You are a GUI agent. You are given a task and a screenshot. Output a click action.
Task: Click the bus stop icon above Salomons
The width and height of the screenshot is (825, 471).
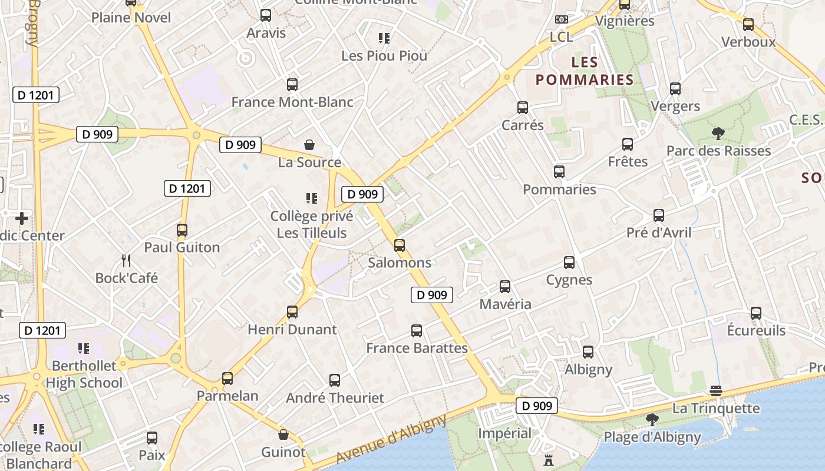point(400,246)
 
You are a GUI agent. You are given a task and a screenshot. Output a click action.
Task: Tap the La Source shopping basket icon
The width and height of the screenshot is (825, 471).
point(309,145)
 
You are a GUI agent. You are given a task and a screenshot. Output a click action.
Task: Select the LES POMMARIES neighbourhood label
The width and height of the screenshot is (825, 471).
point(584,71)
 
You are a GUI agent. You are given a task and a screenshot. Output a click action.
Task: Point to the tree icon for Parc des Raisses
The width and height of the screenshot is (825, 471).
point(718,134)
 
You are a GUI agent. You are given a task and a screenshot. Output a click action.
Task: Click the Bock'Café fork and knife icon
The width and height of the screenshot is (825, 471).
point(126,260)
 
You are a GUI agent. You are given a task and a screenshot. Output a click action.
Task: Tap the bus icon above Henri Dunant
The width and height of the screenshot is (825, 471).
point(292,312)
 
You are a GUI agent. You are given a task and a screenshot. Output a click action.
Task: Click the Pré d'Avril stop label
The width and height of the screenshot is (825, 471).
point(659,233)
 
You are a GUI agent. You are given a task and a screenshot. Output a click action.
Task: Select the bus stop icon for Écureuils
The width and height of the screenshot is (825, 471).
point(756,313)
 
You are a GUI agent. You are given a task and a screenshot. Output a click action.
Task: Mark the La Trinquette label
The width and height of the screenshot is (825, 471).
point(716,408)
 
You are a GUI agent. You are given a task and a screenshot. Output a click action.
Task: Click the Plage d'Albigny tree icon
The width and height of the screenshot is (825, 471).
point(652,420)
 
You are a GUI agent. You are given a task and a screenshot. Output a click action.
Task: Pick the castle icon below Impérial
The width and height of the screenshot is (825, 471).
point(549,460)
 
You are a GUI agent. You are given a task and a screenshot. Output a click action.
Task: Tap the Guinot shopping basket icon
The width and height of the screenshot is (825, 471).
point(283,435)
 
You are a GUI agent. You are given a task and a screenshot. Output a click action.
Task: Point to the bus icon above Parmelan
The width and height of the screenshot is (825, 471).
point(227,379)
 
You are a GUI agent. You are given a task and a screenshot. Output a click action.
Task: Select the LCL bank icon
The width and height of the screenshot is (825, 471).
point(562,19)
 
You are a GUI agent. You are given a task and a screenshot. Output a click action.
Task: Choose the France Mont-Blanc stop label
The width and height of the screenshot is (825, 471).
point(292,102)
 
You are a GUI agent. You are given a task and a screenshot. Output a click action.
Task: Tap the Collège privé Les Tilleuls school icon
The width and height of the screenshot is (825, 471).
point(312,198)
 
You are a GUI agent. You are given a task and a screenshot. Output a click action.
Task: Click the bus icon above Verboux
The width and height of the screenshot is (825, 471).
point(748,25)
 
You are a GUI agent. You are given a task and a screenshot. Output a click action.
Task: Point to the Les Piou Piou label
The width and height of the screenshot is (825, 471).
point(384,56)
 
